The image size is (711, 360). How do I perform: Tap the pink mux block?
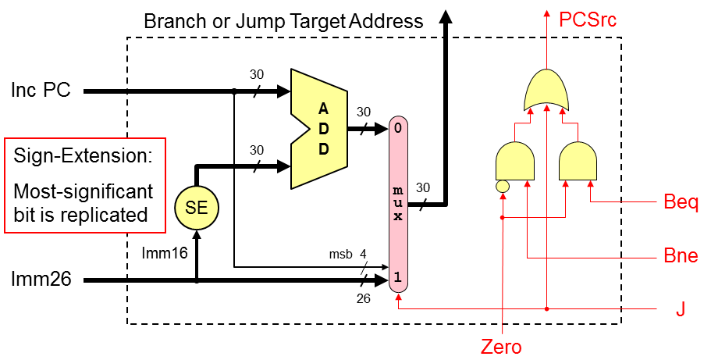click(398, 205)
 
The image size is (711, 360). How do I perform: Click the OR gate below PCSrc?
click(547, 90)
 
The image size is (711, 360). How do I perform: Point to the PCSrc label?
click(588, 20)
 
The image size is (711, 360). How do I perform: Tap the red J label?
click(681, 309)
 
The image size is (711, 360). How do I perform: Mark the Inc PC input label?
click(41, 91)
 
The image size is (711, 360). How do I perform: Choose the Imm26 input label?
click(41, 279)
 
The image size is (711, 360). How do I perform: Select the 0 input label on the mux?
click(398, 127)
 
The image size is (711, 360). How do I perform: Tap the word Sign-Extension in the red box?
click(83, 155)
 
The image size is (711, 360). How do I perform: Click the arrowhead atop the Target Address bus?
click(446, 17)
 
